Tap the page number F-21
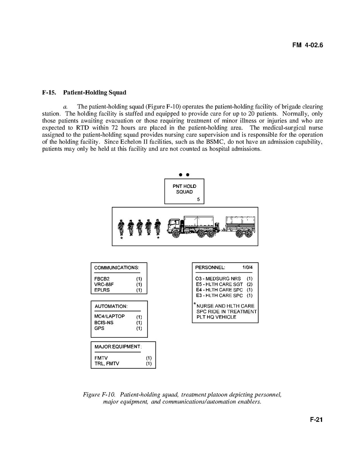[x=316, y=420]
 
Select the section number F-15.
[x=50, y=93]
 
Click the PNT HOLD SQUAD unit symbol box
[x=184, y=191]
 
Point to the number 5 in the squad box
[x=198, y=199]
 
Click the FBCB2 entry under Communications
[x=102, y=278]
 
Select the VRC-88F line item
[x=104, y=284]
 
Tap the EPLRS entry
[x=101, y=290]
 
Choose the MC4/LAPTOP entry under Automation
[x=110, y=316]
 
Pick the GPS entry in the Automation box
[x=99, y=328]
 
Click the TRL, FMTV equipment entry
[x=107, y=364]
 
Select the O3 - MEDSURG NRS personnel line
[x=218, y=278]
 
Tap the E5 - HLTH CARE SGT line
[x=220, y=284]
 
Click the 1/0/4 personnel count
[x=247, y=268]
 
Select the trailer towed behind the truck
[x=240, y=227]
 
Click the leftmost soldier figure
[x=122, y=228]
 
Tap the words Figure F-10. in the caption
[x=99, y=395]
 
